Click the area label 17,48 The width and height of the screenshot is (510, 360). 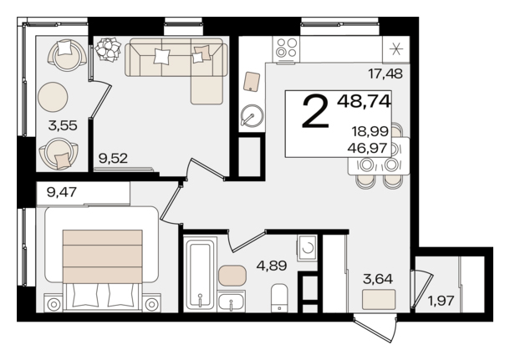(x=385, y=74)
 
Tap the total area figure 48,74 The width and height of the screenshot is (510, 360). (x=364, y=102)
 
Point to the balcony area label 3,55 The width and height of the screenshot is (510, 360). (x=63, y=125)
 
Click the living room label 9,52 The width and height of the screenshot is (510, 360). (x=113, y=159)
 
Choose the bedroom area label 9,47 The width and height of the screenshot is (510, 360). (x=62, y=192)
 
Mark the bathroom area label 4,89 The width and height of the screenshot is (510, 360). (x=272, y=266)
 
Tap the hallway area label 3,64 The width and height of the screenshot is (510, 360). (x=378, y=279)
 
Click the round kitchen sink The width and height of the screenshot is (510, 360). (x=252, y=115)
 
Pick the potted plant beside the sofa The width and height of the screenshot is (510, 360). (x=108, y=49)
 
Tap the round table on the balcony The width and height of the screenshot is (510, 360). (x=53, y=97)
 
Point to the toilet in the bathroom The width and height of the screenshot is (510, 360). (x=279, y=297)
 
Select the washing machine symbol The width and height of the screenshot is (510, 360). (x=306, y=248)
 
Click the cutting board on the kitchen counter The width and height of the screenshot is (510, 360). (x=252, y=82)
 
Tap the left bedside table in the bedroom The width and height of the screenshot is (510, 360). (x=54, y=304)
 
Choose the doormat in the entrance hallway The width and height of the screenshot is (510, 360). (x=379, y=299)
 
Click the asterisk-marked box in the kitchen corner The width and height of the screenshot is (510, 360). (x=395, y=49)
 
